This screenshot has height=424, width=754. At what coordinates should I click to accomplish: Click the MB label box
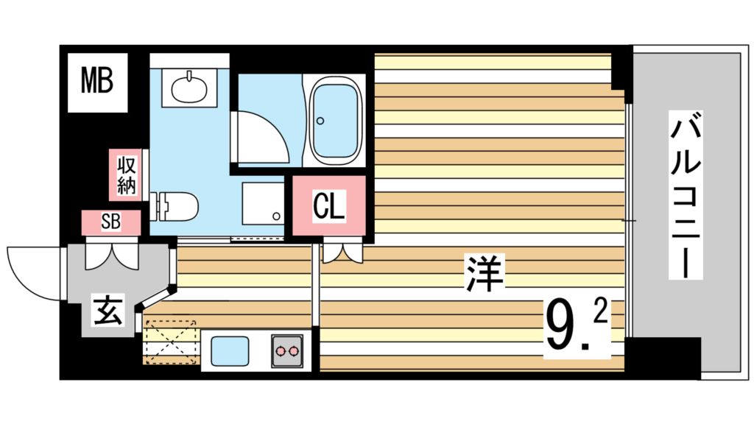tap(97, 82)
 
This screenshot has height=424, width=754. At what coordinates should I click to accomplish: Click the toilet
tap(175, 205)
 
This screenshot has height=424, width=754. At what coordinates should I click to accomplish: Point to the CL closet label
tap(329, 207)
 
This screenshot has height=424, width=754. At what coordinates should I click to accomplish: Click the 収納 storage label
tap(126, 174)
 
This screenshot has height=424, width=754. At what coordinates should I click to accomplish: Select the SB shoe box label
tap(110, 222)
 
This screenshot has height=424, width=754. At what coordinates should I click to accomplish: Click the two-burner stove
tap(288, 350)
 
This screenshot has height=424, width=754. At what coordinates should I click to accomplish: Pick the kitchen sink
tap(229, 350)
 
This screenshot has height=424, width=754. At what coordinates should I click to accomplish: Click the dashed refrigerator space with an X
tap(169, 340)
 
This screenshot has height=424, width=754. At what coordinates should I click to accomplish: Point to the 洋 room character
tap(484, 273)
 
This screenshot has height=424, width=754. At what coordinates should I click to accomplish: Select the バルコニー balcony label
tap(684, 195)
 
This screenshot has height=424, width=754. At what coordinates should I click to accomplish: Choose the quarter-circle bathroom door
tap(261, 138)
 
